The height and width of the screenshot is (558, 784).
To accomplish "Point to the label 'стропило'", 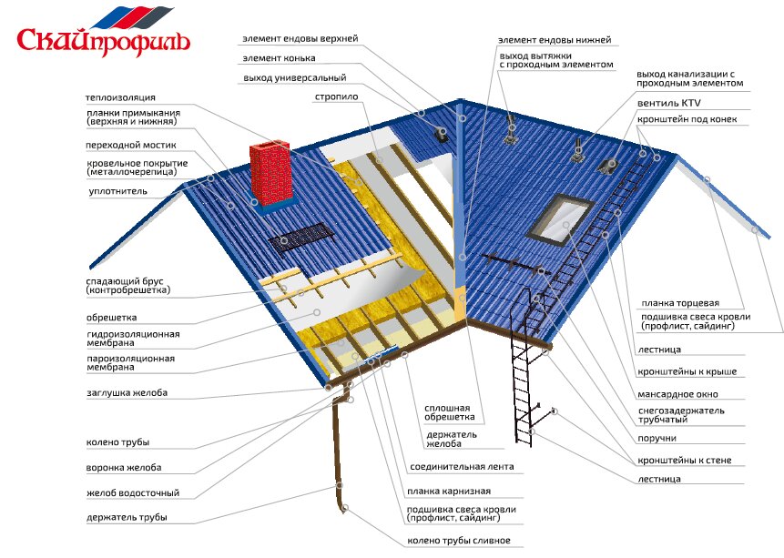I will (336, 96).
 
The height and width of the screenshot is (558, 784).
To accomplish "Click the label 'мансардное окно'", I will (678, 395).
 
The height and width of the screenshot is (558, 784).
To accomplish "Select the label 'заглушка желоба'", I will (127, 392).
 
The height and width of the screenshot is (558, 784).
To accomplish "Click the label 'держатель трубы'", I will (127, 518).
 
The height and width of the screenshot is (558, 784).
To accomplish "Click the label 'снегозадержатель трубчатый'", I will (682, 415).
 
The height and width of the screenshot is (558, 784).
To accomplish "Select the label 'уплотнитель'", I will (113, 191).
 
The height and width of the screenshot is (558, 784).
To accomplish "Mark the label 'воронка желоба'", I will (125, 467).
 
